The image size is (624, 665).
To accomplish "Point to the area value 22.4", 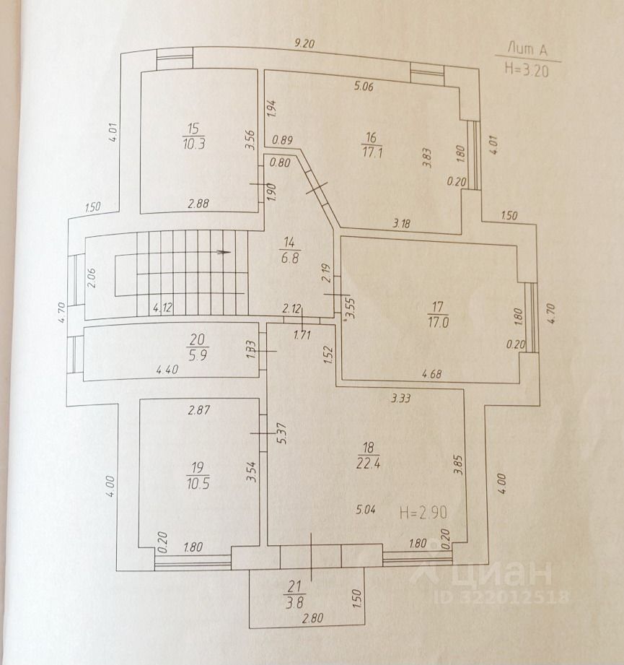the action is [369, 463].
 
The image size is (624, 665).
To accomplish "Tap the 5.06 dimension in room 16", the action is [365, 89].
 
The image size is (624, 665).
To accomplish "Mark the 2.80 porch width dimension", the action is [313, 619].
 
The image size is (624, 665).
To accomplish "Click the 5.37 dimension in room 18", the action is [283, 432].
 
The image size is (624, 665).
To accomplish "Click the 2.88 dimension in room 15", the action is [198, 205].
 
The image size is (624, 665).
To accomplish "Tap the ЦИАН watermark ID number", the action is [502, 597].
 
